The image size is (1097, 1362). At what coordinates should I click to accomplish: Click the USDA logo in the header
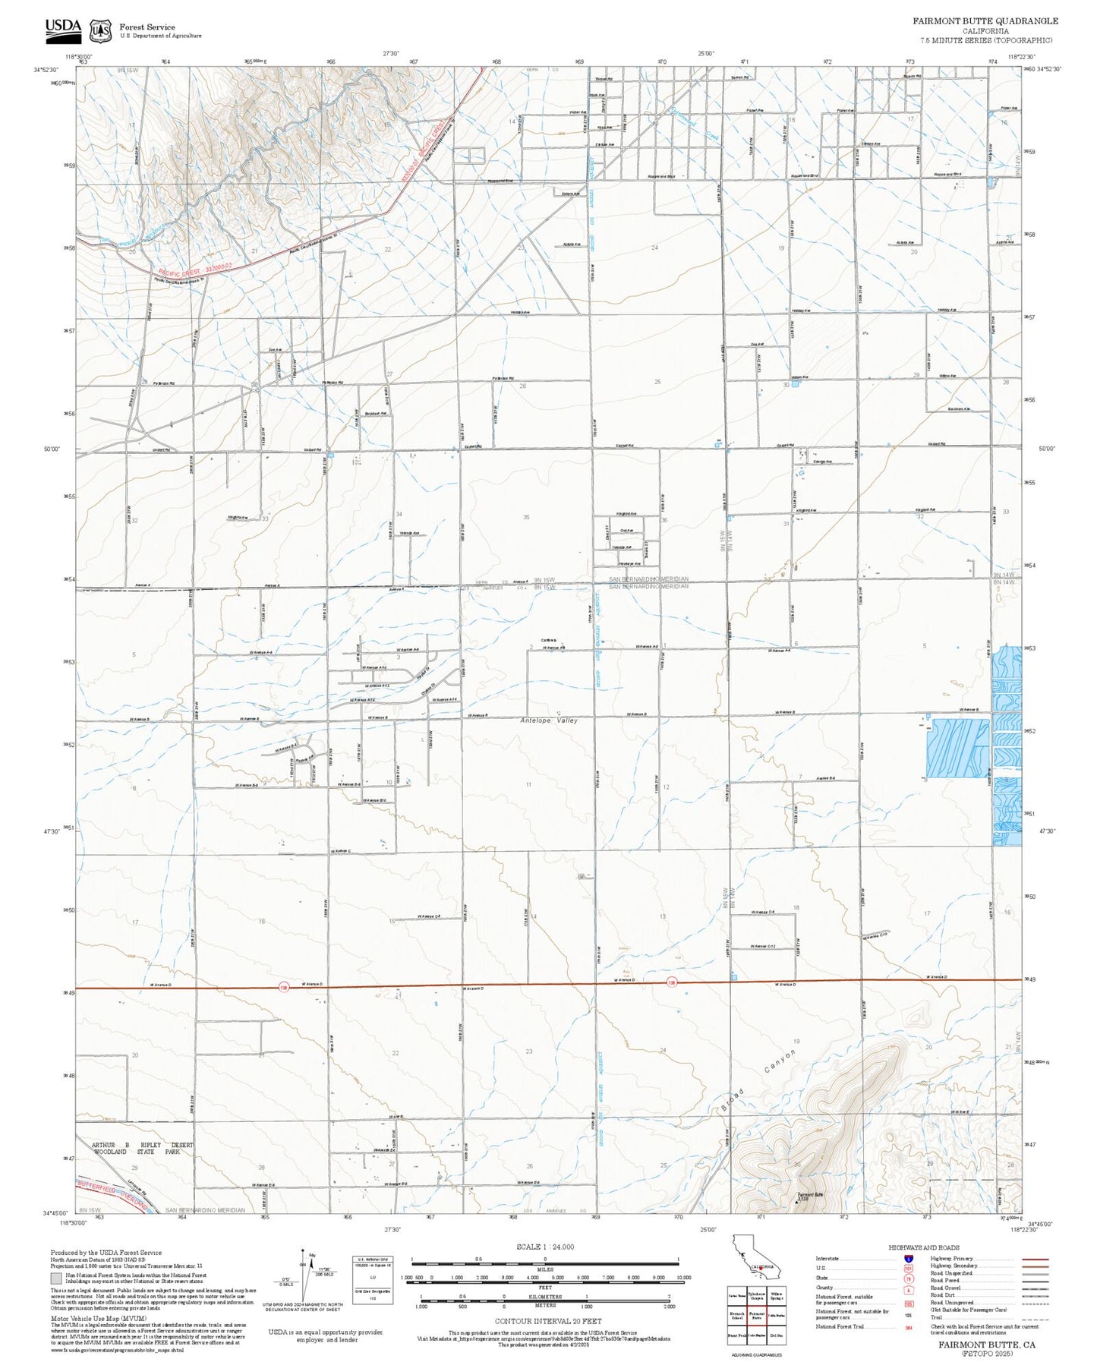point(62,28)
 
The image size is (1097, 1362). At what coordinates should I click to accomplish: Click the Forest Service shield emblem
point(99,30)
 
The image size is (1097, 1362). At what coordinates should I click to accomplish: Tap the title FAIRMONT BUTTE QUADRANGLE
point(985,21)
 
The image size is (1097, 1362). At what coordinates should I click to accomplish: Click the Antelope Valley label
point(549,720)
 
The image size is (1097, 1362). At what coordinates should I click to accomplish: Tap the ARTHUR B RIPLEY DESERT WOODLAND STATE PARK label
point(143,1148)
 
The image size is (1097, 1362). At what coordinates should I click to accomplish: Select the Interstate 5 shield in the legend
point(908,1259)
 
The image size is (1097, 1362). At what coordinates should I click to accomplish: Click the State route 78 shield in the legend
point(908,1278)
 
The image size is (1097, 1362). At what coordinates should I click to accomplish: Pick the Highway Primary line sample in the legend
point(1036,1259)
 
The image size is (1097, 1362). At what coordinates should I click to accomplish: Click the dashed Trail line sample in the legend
point(1036,1318)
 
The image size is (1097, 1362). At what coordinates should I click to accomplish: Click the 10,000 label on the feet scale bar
point(682,1278)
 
